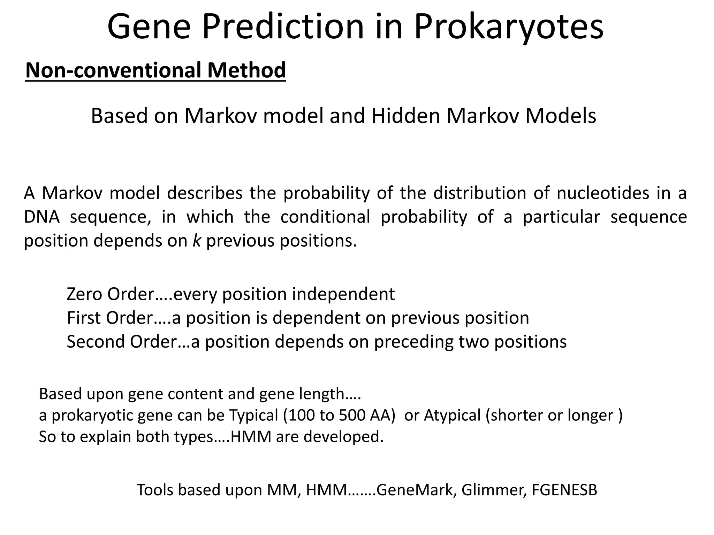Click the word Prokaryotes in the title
509,27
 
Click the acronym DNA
41,217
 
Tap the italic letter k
197,241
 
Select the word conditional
325,217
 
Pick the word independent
343,294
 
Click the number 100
302,415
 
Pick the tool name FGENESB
564,490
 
